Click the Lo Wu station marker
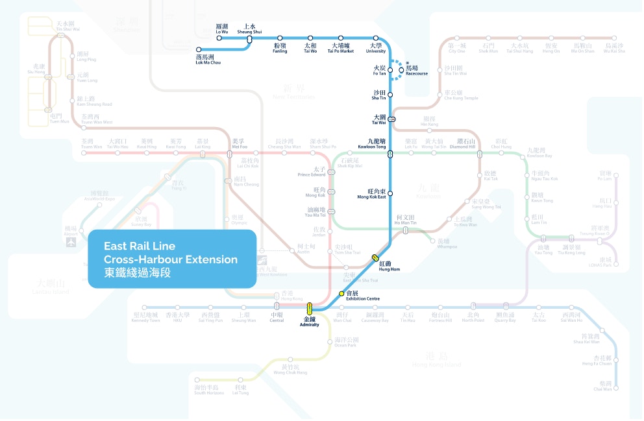[x=219, y=38]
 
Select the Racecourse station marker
[x=401, y=70]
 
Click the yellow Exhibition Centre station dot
[x=341, y=293]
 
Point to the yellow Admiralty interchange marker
[x=310, y=307]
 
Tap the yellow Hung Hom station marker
[x=376, y=258]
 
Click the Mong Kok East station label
[x=372, y=193]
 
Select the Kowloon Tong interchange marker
[x=390, y=154]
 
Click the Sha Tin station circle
[x=391, y=95]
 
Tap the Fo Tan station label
[x=379, y=70]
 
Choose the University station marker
[x=375, y=38]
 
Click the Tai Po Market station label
[x=341, y=49]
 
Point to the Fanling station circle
[x=280, y=38]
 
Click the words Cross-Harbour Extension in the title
[x=171, y=259]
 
